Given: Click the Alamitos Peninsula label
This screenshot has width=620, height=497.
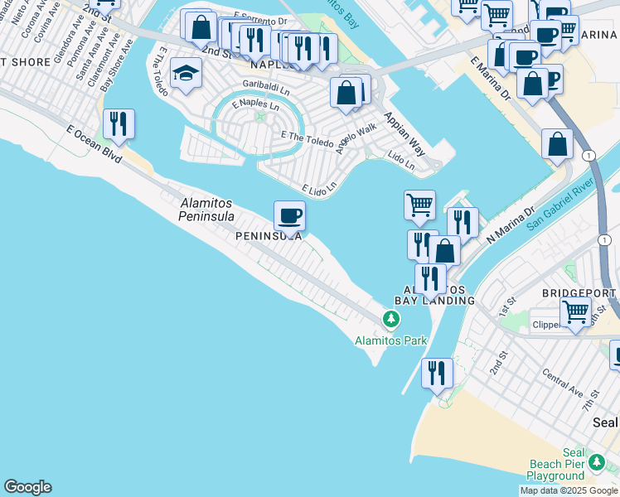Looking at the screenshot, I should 207,210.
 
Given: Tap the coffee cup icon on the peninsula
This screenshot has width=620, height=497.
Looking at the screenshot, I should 289,216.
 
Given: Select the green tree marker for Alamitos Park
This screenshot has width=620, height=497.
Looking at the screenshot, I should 390,319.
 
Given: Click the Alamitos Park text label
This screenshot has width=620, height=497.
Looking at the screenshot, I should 390,340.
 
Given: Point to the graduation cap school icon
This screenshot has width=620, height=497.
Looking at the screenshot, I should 186,75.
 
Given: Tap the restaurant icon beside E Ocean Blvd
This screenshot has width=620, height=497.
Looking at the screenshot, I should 119,124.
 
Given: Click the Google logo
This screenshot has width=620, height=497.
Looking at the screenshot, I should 27,487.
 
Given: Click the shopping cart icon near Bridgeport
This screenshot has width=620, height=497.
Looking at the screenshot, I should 575,312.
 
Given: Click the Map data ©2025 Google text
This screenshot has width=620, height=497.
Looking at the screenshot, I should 569,490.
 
